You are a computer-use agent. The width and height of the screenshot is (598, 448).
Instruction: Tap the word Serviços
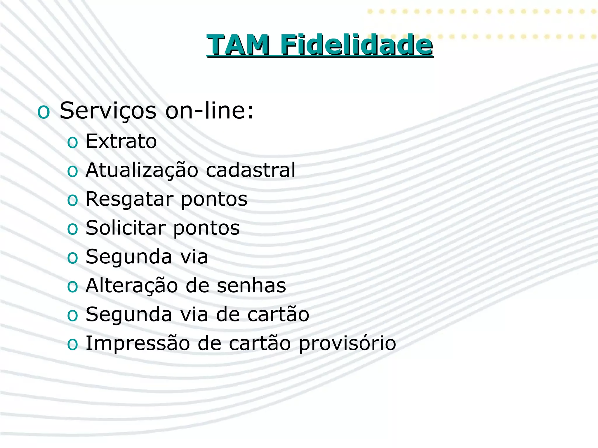(108, 111)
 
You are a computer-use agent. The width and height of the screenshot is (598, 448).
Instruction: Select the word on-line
(209, 111)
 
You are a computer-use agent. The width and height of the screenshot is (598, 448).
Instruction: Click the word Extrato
(121, 141)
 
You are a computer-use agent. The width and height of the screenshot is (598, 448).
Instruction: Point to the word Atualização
(142, 170)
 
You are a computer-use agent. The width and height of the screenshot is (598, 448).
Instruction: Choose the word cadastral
(251, 170)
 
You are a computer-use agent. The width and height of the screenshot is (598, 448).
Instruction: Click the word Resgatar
(129, 199)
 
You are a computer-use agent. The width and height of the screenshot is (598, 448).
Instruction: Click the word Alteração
(132, 286)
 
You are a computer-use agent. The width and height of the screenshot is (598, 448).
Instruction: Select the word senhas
(251, 286)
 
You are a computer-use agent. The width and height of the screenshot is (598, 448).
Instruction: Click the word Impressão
(138, 344)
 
